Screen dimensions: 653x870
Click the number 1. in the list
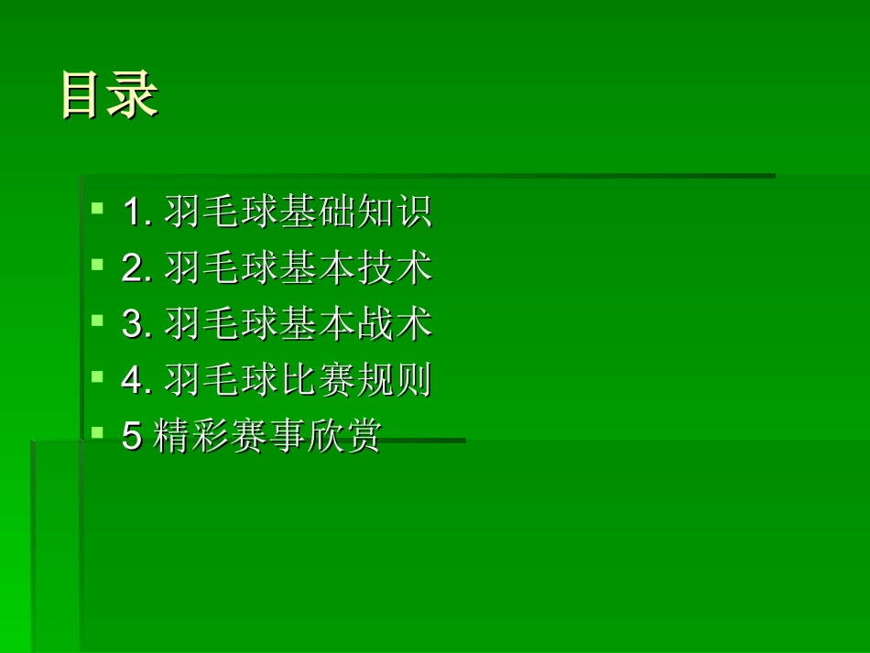point(136,213)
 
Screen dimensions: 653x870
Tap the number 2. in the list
point(136,269)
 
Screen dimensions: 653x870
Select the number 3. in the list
point(136,325)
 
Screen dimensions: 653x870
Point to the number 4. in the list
point(136,381)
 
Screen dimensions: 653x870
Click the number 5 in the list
point(132,437)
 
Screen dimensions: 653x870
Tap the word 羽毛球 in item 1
point(222,212)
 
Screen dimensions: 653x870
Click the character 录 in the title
point(134,94)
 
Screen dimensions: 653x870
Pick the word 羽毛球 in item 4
point(222,380)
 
